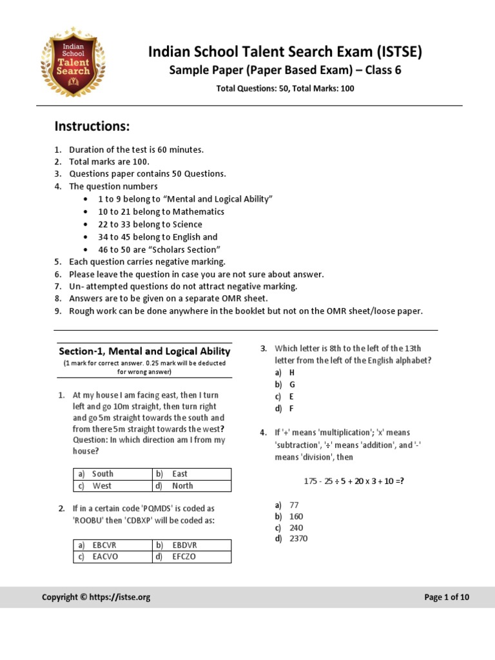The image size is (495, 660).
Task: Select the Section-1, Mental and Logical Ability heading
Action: click(x=144, y=351)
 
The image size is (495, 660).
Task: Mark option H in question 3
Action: click(x=291, y=373)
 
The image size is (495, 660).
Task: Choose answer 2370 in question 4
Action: click(x=298, y=539)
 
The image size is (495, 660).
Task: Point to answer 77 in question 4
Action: click(x=294, y=505)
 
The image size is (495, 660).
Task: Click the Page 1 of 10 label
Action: click(x=447, y=597)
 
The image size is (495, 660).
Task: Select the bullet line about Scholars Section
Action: click(x=159, y=249)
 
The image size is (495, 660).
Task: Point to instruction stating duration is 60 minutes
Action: click(x=136, y=150)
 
